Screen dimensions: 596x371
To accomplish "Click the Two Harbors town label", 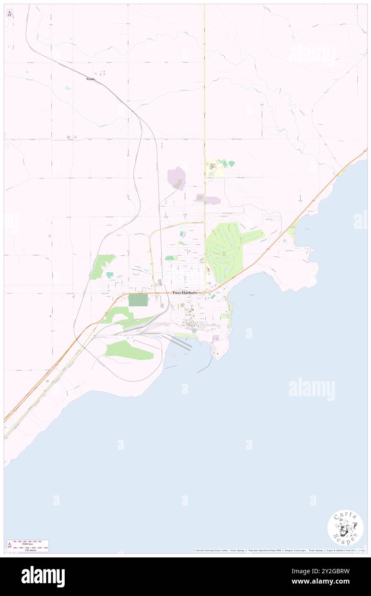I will click(184, 292).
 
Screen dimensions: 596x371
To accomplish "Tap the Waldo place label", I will click(90, 79).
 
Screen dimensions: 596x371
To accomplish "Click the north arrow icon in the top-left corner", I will click(9, 13).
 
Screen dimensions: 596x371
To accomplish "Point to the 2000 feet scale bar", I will click(28, 543).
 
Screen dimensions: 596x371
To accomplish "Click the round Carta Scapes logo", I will click(345, 527).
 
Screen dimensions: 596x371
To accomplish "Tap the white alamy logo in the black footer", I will click(43, 576).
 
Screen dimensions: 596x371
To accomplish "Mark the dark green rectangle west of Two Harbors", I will click(138, 300).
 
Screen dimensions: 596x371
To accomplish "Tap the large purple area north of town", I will click(177, 178).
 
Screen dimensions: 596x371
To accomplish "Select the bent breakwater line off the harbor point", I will click(206, 365).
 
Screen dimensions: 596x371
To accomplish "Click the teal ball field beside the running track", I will click(232, 163).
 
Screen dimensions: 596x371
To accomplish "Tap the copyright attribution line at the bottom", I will click(278, 550).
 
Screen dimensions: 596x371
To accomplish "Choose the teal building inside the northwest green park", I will click(110, 274).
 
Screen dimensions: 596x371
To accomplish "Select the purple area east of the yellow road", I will click(213, 200).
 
